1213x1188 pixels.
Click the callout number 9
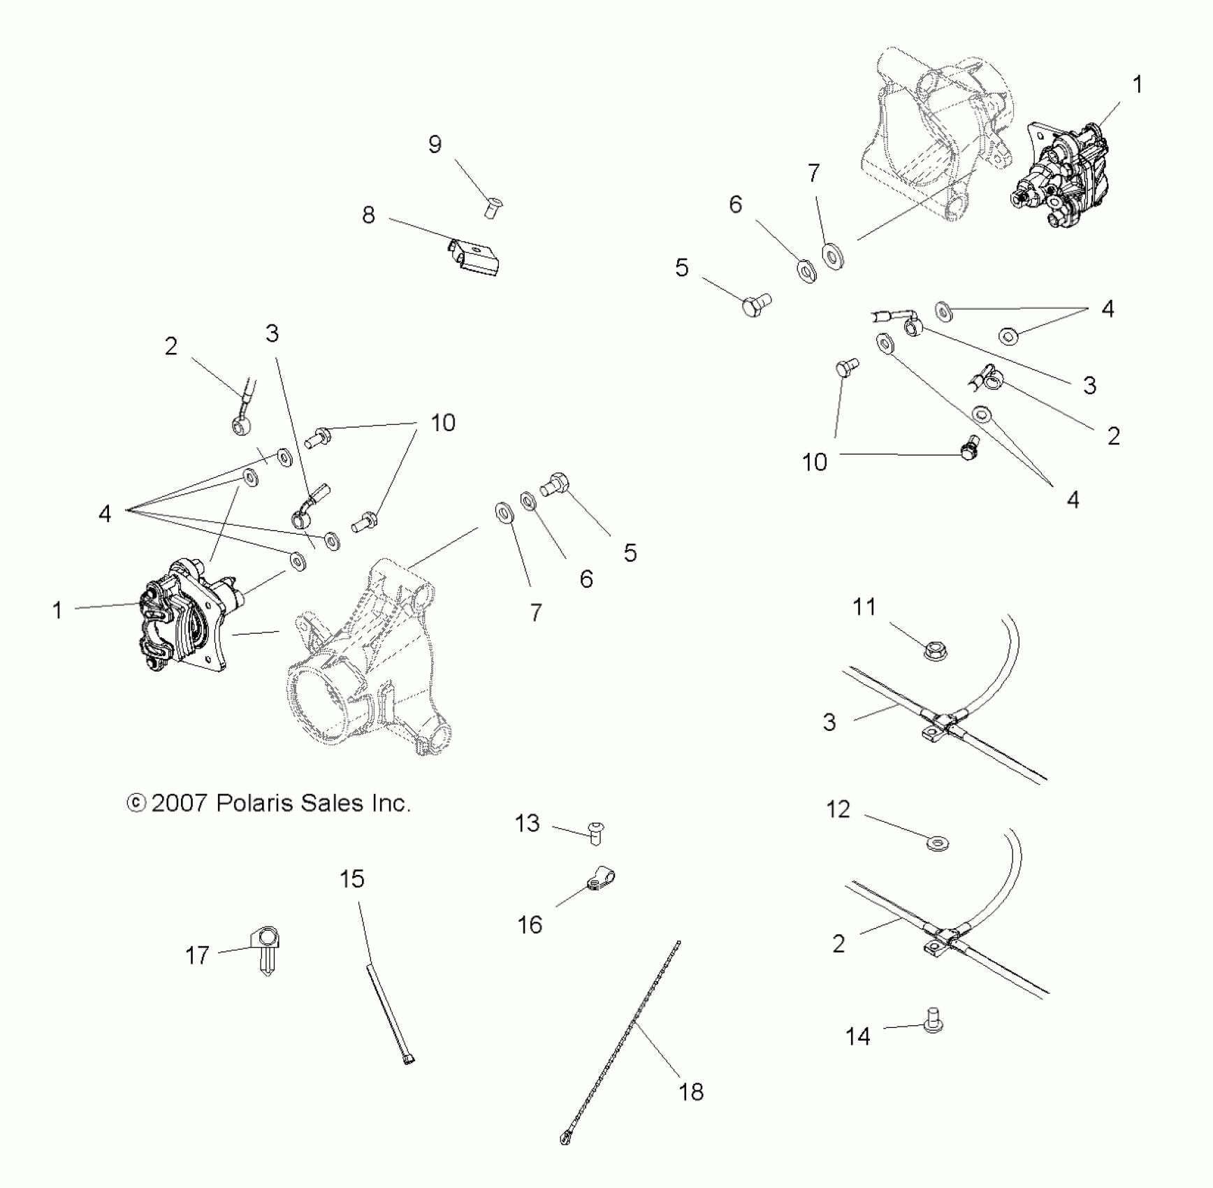coord(435,145)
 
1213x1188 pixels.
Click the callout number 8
coord(368,215)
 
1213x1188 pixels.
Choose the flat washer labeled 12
coord(937,844)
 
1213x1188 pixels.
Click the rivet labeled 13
coord(596,833)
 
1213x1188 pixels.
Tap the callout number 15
coord(352,878)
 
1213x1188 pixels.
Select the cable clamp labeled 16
coord(600,878)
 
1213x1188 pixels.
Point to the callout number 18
coord(691,1092)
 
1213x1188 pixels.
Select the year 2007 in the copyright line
coord(180,803)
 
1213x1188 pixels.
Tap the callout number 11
coord(864,607)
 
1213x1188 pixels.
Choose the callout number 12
coord(838,809)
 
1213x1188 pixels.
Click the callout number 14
coord(857,1036)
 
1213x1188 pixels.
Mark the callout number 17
coord(197,955)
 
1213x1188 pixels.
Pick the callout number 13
coord(528,823)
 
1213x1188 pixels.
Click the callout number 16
coord(530,925)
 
